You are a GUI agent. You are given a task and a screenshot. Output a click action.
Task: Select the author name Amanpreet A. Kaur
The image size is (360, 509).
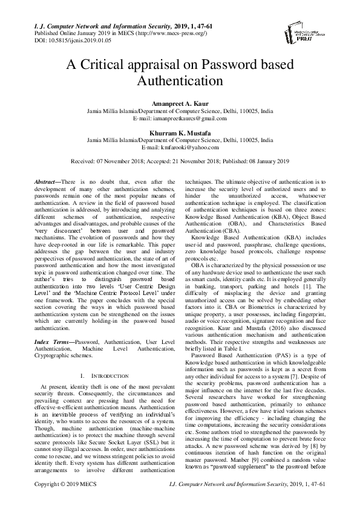coord(180,105)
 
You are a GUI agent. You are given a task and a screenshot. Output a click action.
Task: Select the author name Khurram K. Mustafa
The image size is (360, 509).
coord(180,132)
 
